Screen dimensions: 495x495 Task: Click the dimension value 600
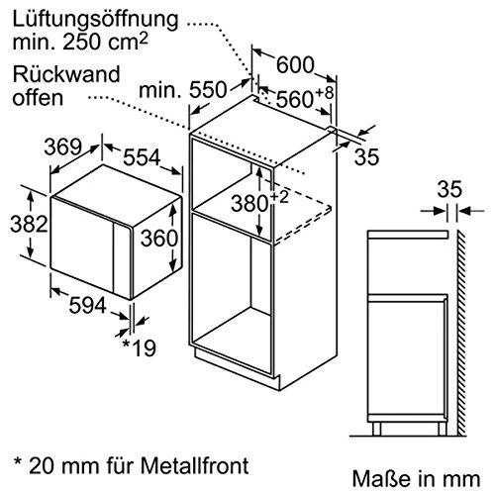[294, 65]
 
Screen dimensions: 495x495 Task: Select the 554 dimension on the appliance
[142, 157]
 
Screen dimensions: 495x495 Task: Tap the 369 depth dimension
[62, 147]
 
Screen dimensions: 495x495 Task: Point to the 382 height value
[29, 224]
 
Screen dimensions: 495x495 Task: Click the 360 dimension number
[159, 238]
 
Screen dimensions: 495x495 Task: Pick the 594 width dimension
[87, 305]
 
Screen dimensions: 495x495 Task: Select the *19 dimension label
[139, 347]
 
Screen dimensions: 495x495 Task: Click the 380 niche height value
[249, 203]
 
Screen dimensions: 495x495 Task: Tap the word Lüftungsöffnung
[95, 21]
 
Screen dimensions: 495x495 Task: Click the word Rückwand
[66, 74]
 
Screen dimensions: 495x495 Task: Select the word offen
[38, 98]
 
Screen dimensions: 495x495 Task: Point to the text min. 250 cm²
[79, 42]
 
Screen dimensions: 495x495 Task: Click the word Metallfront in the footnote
[195, 465]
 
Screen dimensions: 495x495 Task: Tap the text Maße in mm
[416, 478]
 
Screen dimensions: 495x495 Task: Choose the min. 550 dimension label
[183, 89]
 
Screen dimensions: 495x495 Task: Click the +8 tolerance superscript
[325, 92]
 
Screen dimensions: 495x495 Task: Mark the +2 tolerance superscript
[279, 198]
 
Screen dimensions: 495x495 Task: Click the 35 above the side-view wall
[449, 189]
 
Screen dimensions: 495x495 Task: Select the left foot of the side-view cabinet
[376, 429]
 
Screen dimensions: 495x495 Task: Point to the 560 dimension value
[294, 99]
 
